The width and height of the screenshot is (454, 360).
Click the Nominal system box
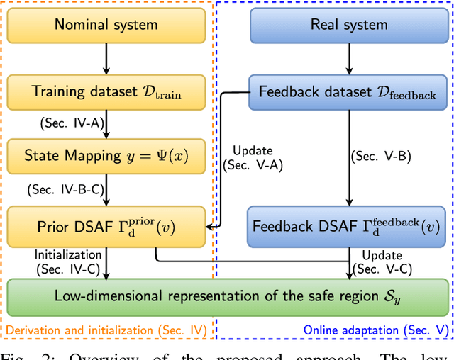[106, 25]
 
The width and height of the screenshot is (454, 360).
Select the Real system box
[349, 25]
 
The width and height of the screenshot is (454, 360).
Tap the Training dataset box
[106, 91]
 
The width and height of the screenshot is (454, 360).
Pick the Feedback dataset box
[348, 92]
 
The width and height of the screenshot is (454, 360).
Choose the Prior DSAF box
[106, 227]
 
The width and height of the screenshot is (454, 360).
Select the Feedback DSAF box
[348, 227]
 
